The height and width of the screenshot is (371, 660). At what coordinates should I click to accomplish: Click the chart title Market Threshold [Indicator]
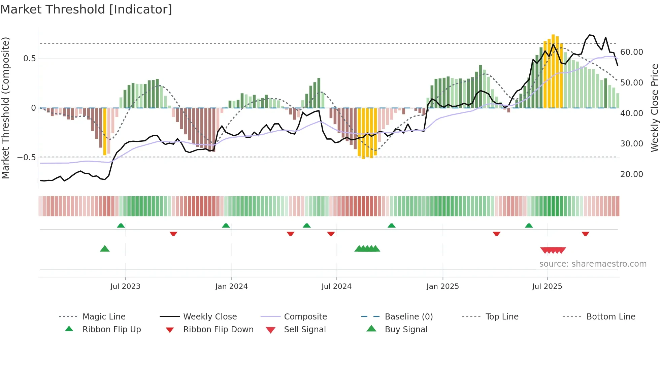click(86, 9)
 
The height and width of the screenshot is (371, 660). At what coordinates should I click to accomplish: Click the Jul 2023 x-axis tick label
click(125, 286)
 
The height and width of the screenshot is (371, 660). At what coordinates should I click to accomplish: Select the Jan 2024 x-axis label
click(231, 286)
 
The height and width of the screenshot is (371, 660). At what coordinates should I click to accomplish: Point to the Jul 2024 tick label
click(336, 286)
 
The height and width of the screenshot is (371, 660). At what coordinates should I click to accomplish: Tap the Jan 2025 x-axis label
click(442, 286)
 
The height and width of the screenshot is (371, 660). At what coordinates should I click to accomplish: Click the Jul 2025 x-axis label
click(547, 286)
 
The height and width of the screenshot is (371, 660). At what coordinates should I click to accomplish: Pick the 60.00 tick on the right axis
click(632, 52)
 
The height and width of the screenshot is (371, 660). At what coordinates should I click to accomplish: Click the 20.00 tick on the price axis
click(632, 174)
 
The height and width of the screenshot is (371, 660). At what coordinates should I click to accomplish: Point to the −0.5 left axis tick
click(27, 158)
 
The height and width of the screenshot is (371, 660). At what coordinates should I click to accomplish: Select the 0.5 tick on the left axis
click(29, 59)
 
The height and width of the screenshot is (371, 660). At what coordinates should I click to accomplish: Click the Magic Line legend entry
click(104, 317)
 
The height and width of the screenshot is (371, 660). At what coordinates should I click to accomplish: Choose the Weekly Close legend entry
click(210, 317)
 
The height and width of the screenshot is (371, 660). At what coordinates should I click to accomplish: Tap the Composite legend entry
click(305, 317)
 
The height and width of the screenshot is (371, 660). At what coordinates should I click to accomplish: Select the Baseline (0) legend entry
click(408, 317)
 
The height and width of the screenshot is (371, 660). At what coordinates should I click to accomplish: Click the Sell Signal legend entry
click(305, 330)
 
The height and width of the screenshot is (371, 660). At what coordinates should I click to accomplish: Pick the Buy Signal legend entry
click(406, 330)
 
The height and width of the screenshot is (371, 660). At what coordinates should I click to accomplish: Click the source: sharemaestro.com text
click(593, 264)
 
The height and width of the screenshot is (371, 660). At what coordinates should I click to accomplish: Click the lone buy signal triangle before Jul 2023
click(105, 249)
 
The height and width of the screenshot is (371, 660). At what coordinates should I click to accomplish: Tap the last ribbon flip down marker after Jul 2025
click(585, 234)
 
